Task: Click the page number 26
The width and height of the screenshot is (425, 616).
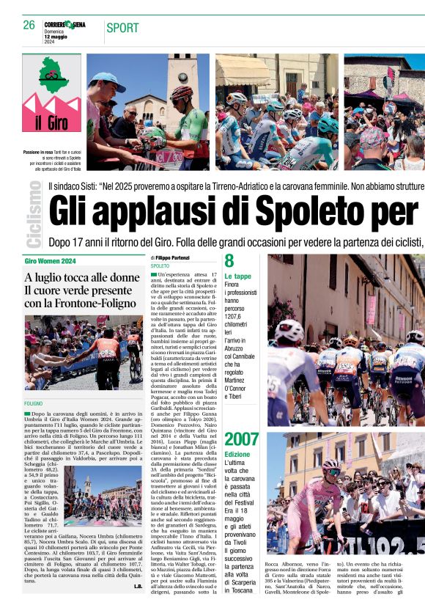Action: (x=29, y=26)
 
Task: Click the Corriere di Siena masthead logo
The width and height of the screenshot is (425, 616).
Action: (x=69, y=25)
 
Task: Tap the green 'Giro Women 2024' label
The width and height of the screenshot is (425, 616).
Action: (x=51, y=261)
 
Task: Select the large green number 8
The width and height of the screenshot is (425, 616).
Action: (x=229, y=262)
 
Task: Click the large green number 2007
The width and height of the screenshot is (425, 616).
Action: (x=241, y=440)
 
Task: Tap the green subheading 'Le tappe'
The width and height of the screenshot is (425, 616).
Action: (x=237, y=276)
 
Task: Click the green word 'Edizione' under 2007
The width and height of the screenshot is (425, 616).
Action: (x=237, y=455)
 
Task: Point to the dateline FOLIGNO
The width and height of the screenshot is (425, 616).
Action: (x=34, y=404)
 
